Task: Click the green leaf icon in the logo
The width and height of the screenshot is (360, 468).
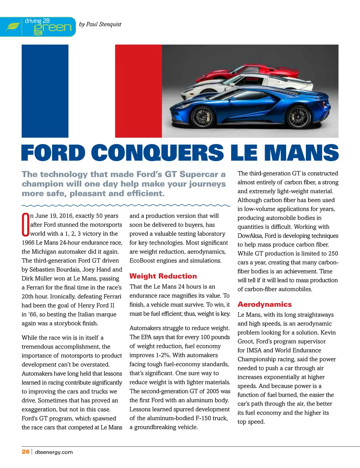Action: tap(13, 27)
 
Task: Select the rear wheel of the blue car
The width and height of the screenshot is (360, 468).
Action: tap(299, 116)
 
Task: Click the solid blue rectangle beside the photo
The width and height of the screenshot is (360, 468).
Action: tap(45, 91)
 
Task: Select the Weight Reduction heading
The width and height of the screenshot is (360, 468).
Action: tap(163, 276)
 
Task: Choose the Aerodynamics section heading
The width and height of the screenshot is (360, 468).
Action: tap(265, 304)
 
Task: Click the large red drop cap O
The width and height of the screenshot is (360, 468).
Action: tap(26, 224)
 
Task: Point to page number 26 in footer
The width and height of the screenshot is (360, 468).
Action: tap(26, 452)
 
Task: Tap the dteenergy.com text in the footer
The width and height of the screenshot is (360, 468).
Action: tap(54, 452)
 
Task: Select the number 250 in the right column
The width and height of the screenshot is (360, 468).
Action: tap(333, 254)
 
